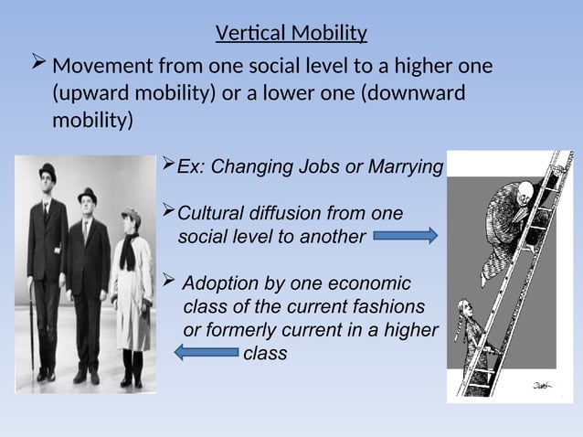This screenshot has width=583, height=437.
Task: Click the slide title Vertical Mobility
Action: (291, 35)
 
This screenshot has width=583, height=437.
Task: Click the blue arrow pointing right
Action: (407, 237)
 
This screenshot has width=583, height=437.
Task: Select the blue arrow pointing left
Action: (206, 352)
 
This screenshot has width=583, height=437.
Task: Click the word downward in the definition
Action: (415, 93)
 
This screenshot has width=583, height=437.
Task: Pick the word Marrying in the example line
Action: (406, 168)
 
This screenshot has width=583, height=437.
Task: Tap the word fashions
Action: (386, 306)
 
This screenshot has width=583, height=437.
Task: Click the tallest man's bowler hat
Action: (47, 170)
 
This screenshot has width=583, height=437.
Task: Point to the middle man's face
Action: (87, 206)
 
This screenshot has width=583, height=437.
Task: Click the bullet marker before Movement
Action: (37, 66)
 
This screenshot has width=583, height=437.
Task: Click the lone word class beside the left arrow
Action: (265, 353)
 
